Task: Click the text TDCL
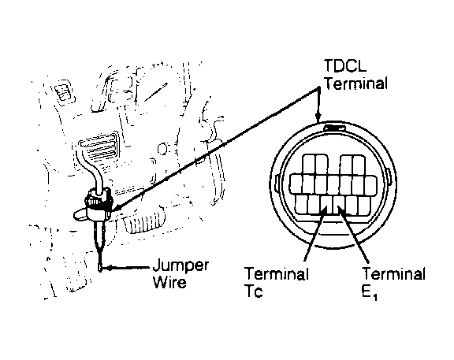point(345,65)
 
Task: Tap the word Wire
point(169,282)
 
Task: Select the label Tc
point(254,291)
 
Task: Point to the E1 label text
point(370,293)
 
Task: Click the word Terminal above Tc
point(277,273)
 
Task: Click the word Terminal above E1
point(394,273)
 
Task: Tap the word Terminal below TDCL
point(355,84)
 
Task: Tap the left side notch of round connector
point(277,184)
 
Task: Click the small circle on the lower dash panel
point(162,149)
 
